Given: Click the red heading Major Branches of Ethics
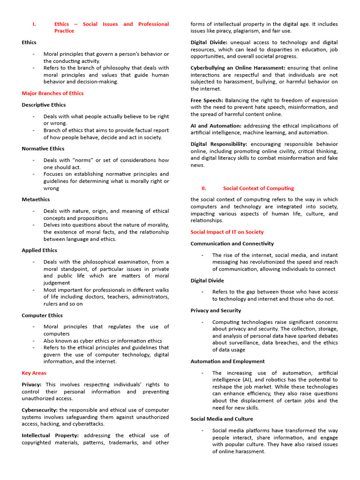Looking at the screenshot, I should (x=52, y=93).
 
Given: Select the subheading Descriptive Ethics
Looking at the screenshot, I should (x=44, y=105).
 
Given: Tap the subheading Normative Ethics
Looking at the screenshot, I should (x=43, y=149).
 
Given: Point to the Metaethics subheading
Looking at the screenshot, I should (x=36, y=199).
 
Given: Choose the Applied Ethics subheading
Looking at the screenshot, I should (x=39, y=250).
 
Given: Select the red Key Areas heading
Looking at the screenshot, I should (x=34, y=373).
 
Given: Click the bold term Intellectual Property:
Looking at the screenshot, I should (x=50, y=435).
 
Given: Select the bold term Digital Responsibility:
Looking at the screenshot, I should (x=219, y=144).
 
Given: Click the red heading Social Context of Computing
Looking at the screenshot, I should (x=259, y=188).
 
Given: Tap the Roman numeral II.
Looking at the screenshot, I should (x=204, y=188).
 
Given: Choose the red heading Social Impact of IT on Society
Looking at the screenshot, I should (x=227, y=232).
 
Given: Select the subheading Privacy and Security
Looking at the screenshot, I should (x=216, y=310).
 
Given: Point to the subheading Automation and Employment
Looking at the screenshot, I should (x=227, y=361).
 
